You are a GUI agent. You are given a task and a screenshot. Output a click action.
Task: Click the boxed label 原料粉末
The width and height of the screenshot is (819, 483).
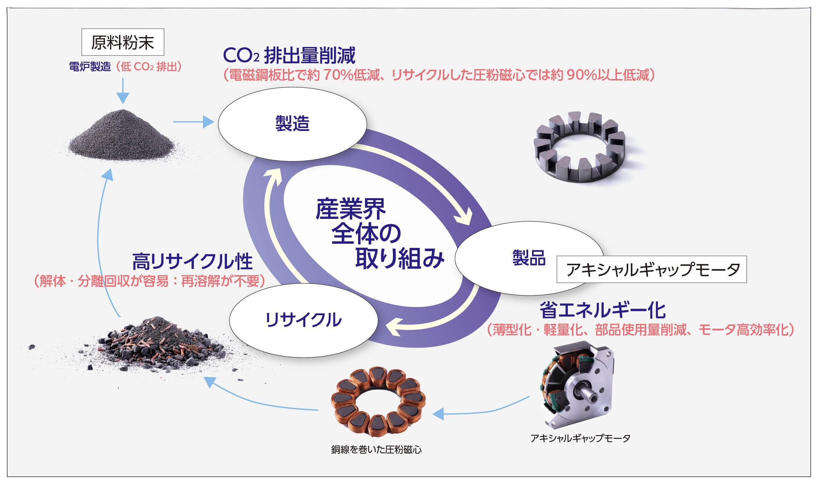(122, 42)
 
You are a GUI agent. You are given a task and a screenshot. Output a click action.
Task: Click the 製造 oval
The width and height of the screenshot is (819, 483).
(292, 124)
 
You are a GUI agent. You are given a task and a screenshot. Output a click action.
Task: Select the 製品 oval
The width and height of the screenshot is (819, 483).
(529, 258)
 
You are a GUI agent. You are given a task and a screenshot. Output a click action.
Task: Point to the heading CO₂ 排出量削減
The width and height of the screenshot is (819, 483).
(289, 55)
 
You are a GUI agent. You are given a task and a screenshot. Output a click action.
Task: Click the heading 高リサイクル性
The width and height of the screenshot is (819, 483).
(193, 262)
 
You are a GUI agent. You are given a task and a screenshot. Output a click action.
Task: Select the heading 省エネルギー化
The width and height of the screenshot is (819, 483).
(602, 310)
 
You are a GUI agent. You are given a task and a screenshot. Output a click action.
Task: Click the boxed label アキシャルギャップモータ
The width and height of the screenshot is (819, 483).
(651, 269)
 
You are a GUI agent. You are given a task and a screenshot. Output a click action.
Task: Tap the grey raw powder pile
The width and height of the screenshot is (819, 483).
(121, 136)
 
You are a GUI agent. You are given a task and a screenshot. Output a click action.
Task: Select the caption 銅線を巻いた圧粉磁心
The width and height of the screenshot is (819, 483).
(376, 450)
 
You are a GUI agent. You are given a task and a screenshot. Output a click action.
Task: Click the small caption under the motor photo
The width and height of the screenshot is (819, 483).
(580, 438)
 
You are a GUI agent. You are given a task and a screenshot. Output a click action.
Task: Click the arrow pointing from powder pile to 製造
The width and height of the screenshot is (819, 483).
(193, 122)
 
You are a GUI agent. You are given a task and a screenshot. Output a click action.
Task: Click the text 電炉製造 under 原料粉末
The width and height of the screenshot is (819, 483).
(90, 67)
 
